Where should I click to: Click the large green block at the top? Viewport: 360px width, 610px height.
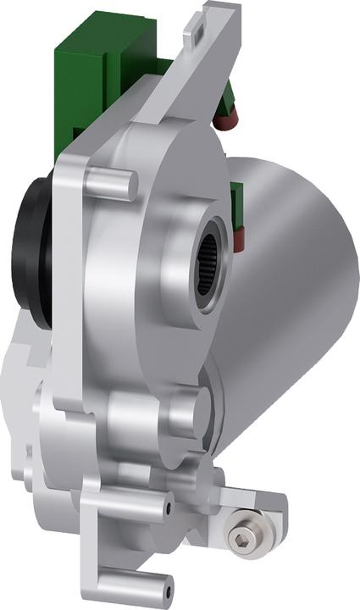93,68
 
